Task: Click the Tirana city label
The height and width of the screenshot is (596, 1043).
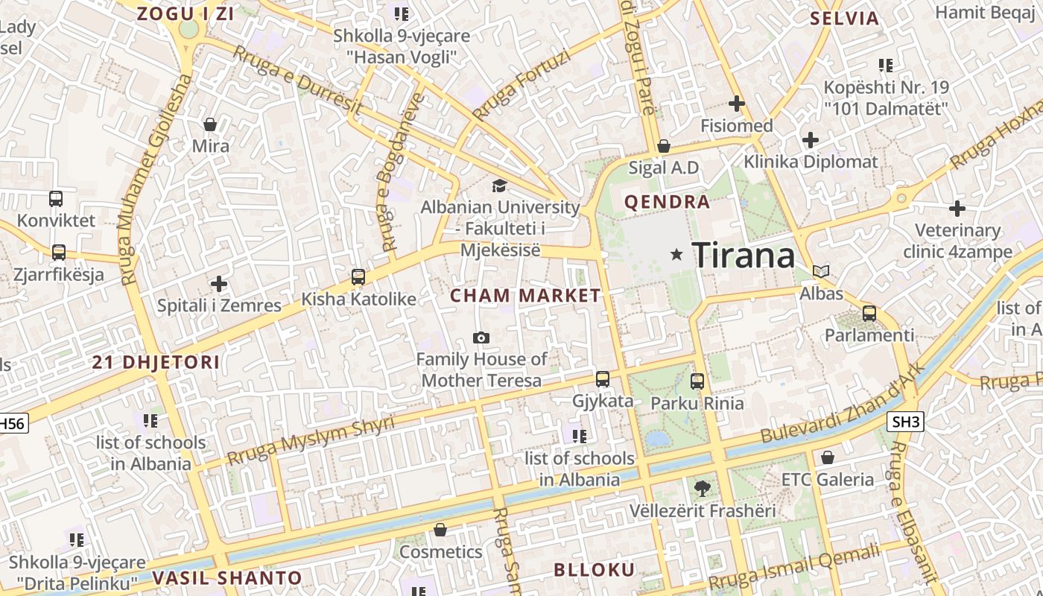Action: (744, 256)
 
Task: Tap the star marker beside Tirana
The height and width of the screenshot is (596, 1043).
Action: (676, 255)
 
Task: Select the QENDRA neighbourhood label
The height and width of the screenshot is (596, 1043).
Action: (667, 202)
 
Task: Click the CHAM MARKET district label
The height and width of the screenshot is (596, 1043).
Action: (525, 296)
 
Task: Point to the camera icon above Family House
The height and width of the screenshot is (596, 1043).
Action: (481, 338)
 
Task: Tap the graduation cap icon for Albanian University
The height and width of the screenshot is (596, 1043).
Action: (499, 186)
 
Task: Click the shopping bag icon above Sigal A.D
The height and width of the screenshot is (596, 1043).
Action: (663, 146)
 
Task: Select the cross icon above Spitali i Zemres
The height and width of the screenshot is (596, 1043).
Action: (218, 284)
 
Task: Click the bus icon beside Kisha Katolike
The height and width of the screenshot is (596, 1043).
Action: (358, 277)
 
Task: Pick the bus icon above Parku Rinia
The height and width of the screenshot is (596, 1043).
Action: (697, 381)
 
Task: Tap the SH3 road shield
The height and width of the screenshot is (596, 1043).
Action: (906, 422)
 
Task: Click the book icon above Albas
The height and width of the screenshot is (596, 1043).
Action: (821, 272)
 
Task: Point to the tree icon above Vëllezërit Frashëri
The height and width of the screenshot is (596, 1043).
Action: (701, 489)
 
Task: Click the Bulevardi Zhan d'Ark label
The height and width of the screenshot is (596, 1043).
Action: (843, 402)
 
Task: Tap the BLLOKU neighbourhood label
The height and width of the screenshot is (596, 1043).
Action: (594, 571)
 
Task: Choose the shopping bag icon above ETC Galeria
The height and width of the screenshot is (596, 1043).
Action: (827, 457)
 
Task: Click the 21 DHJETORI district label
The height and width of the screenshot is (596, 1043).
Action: (156, 363)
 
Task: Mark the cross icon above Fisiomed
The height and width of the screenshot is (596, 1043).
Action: (737, 104)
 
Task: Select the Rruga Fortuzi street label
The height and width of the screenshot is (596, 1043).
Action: (521, 86)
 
